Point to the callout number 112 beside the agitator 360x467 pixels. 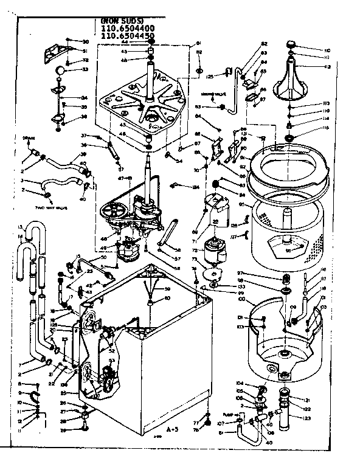(327, 67)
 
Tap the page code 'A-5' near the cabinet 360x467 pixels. (173, 429)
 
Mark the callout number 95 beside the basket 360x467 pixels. (242, 204)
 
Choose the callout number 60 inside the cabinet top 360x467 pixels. (167, 298)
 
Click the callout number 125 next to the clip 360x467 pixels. (209, 77)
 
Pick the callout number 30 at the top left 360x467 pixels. (86, 41)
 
